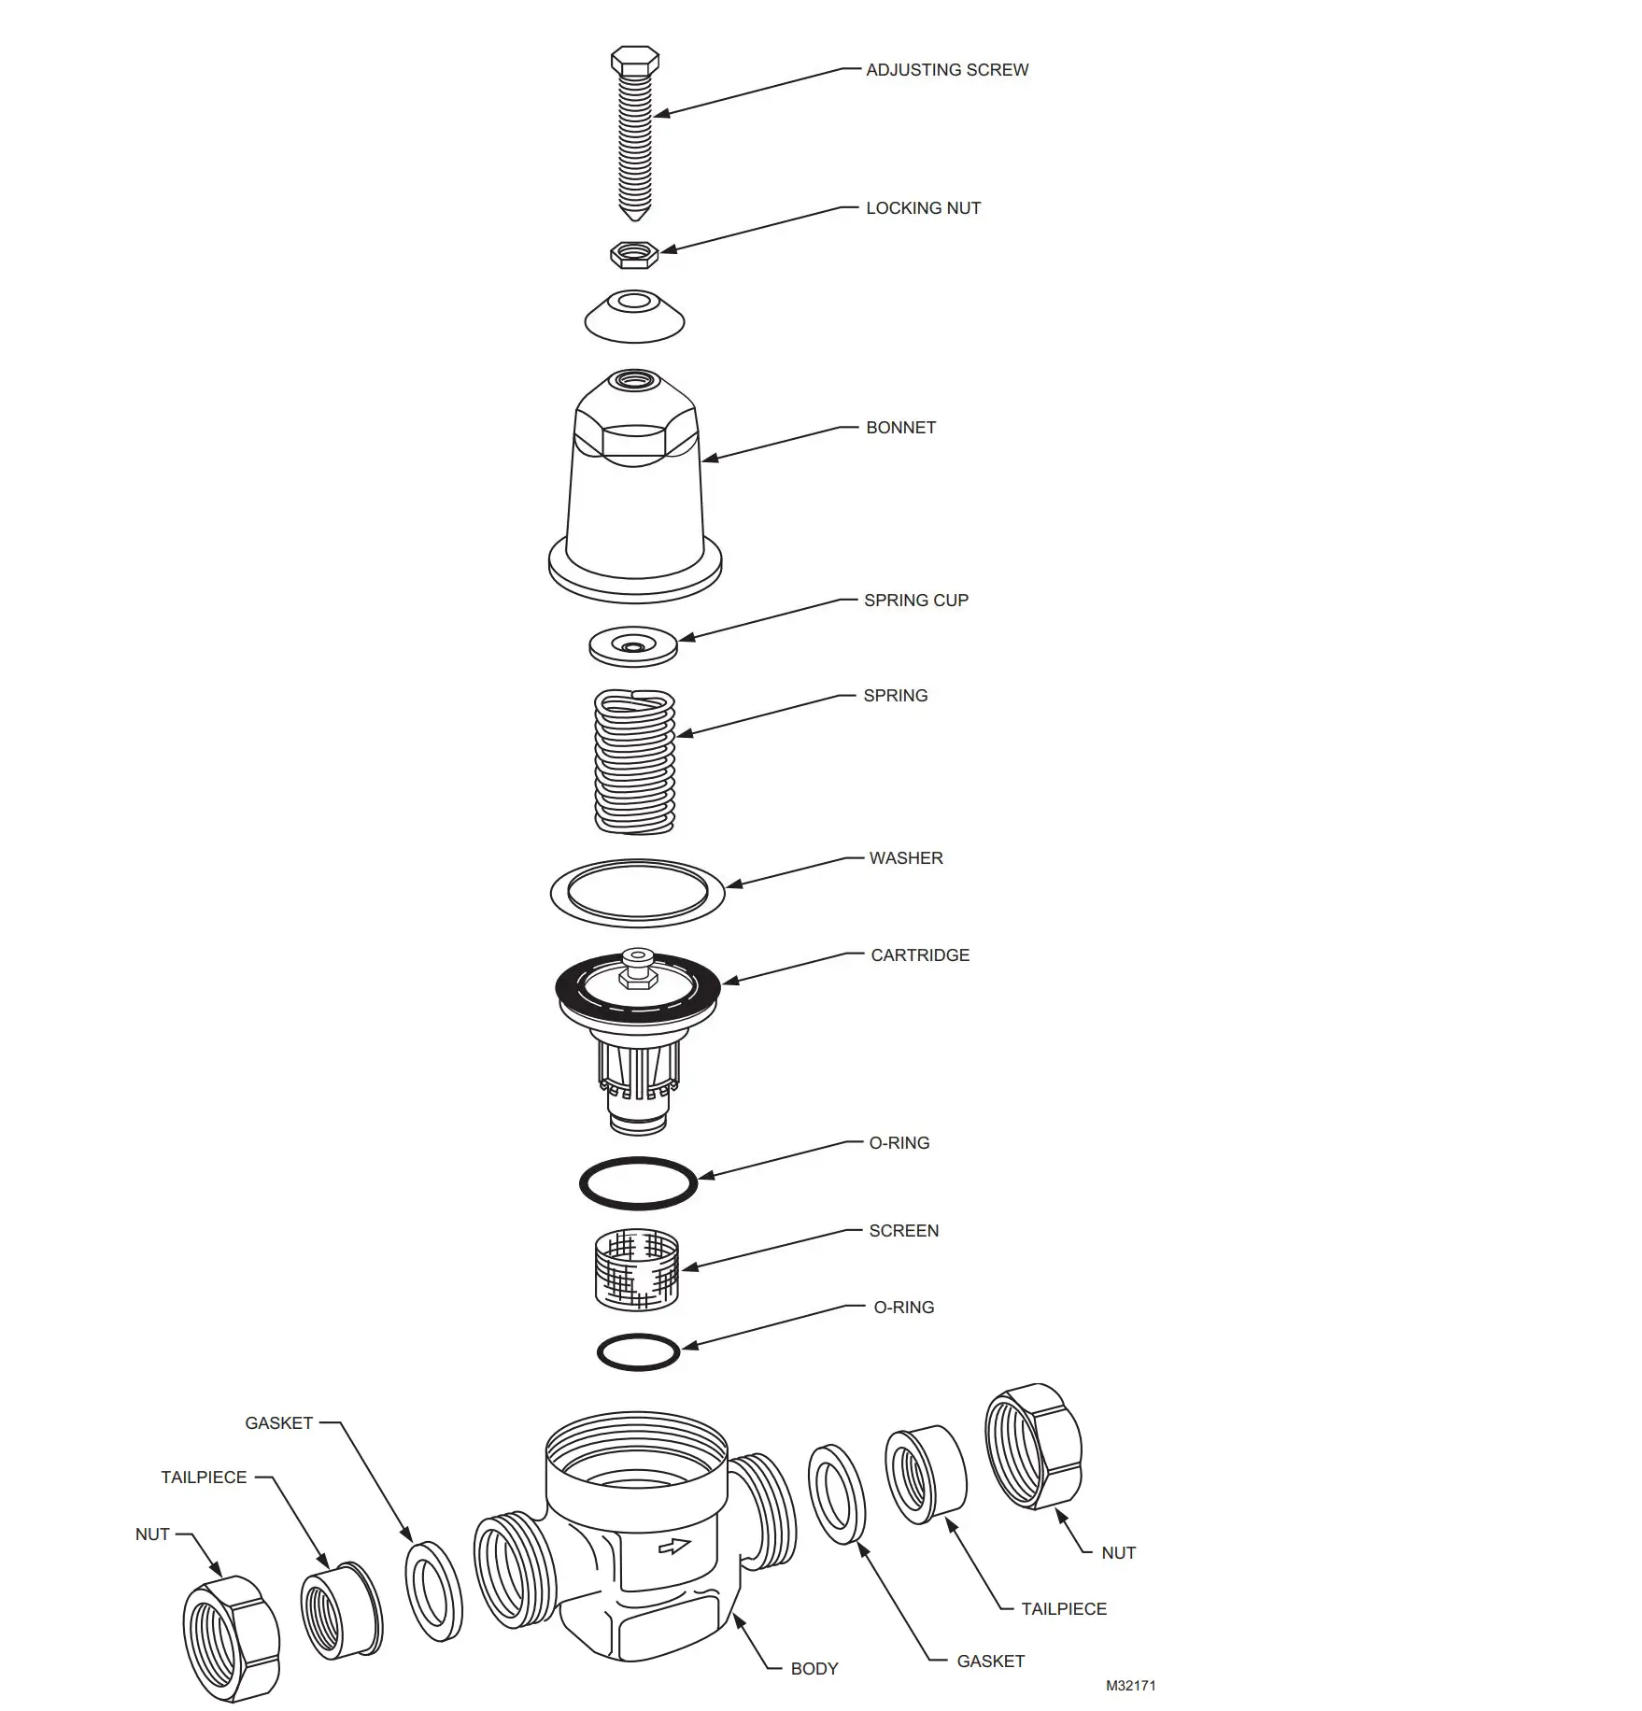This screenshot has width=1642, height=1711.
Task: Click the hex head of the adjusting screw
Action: coord(634,62)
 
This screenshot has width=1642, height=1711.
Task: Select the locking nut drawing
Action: coord(634,254)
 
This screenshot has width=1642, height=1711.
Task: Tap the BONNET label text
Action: coord(900,428)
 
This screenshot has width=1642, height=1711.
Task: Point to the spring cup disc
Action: coord(633,646)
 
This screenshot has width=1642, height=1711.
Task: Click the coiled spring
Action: coord(635,761)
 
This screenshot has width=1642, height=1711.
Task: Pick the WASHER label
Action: coord(906,858)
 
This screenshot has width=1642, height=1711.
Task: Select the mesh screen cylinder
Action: coord(637,1269)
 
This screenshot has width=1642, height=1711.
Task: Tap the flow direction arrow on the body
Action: coord(673,1547)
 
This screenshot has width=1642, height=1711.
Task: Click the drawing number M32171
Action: coord(1130,1686)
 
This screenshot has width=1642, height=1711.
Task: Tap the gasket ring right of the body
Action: coord(837,1494)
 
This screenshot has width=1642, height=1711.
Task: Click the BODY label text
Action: coord(814,1669)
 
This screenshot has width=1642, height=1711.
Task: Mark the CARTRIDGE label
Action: coord(920,955)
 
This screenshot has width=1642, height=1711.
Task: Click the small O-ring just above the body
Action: coord(638,1351)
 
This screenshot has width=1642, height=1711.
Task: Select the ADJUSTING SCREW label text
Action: coord(947,70)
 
